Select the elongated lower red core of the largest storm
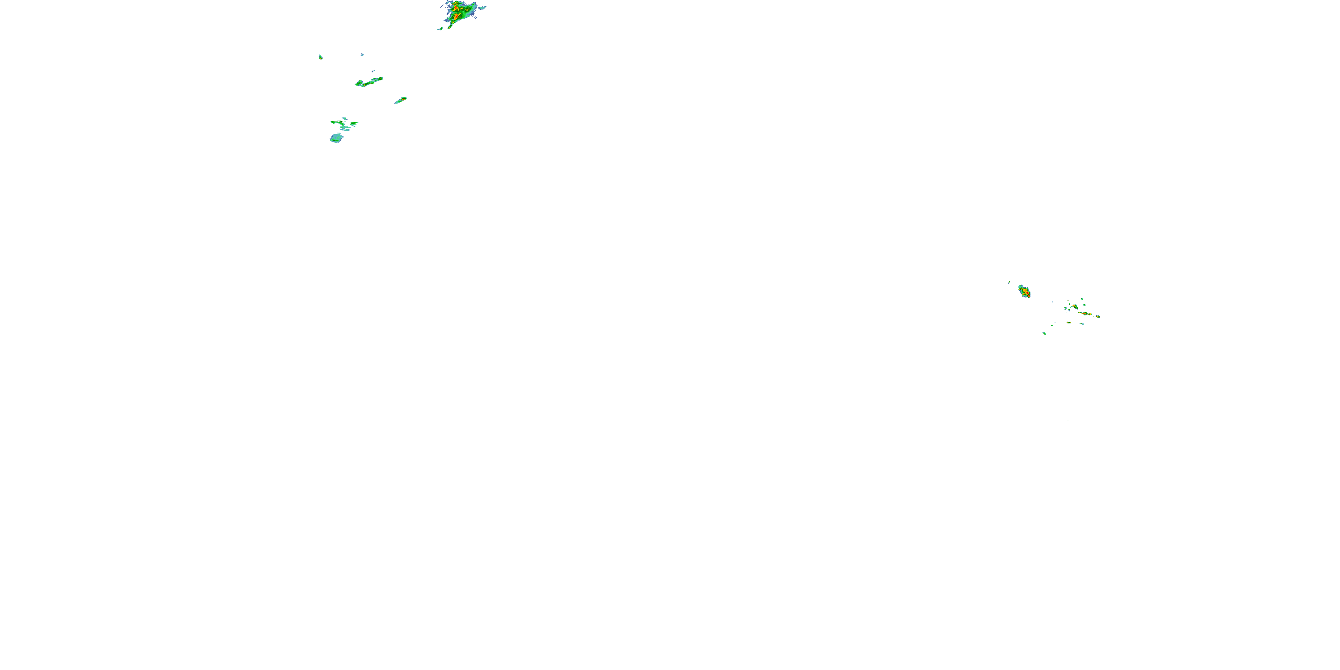[456, 17]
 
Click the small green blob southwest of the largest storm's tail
[440, 29]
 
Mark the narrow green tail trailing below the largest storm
[449, 24]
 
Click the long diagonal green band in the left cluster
[369, 82]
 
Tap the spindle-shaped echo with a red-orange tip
[401, 100]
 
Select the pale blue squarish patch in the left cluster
[336, 138]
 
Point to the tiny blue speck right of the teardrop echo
[362, 54]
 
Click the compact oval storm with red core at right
[1024, 292]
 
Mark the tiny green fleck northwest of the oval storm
[1009, 282]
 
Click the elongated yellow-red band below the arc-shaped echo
[1086, 313]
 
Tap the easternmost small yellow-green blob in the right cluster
[1097, 316]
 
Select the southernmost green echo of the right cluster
[1044, 333]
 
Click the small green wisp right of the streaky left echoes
[354, 123]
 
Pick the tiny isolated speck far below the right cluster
[1068, 420]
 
